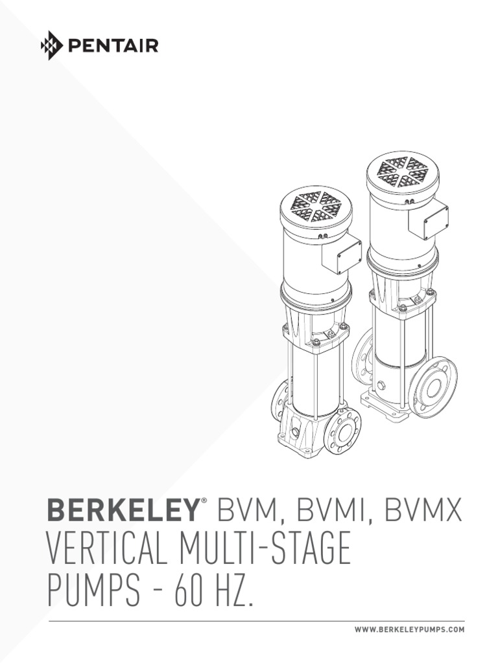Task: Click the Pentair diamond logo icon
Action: (51, 46)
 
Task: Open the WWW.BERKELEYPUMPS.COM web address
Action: (409, 630)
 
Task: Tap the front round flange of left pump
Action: (342, 431)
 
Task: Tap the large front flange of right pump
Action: (433, 387)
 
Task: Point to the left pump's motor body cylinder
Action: (311, 265)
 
